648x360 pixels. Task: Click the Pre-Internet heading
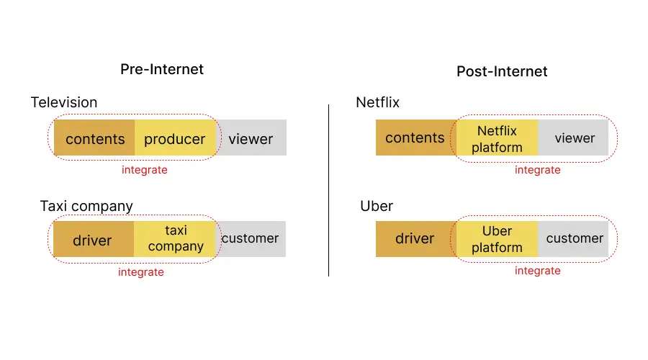(162, 69)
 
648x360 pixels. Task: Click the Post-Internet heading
(502, 71)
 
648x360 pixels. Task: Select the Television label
(64, 102)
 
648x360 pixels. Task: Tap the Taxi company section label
(86, 206)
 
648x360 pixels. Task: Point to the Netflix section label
(378, 102)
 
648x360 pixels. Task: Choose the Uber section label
(377, 206)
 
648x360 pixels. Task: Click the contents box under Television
(94, 138)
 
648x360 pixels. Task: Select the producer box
(175, 138)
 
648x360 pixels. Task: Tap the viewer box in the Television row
(251, 138)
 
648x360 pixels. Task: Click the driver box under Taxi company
(94, 239)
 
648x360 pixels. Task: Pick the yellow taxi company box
(175, 239)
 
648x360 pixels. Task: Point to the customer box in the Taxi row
(251, 239)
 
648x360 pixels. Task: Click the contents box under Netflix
(415, 138)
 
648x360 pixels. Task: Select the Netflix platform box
(498, 138)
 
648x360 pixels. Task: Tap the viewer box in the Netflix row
(573, 138)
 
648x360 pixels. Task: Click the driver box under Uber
(415, 239)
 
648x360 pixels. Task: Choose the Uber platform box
(498, 239)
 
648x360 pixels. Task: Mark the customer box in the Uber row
(573, 239)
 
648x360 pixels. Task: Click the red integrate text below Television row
(145, 170)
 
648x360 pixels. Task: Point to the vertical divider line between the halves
(328, 190)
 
